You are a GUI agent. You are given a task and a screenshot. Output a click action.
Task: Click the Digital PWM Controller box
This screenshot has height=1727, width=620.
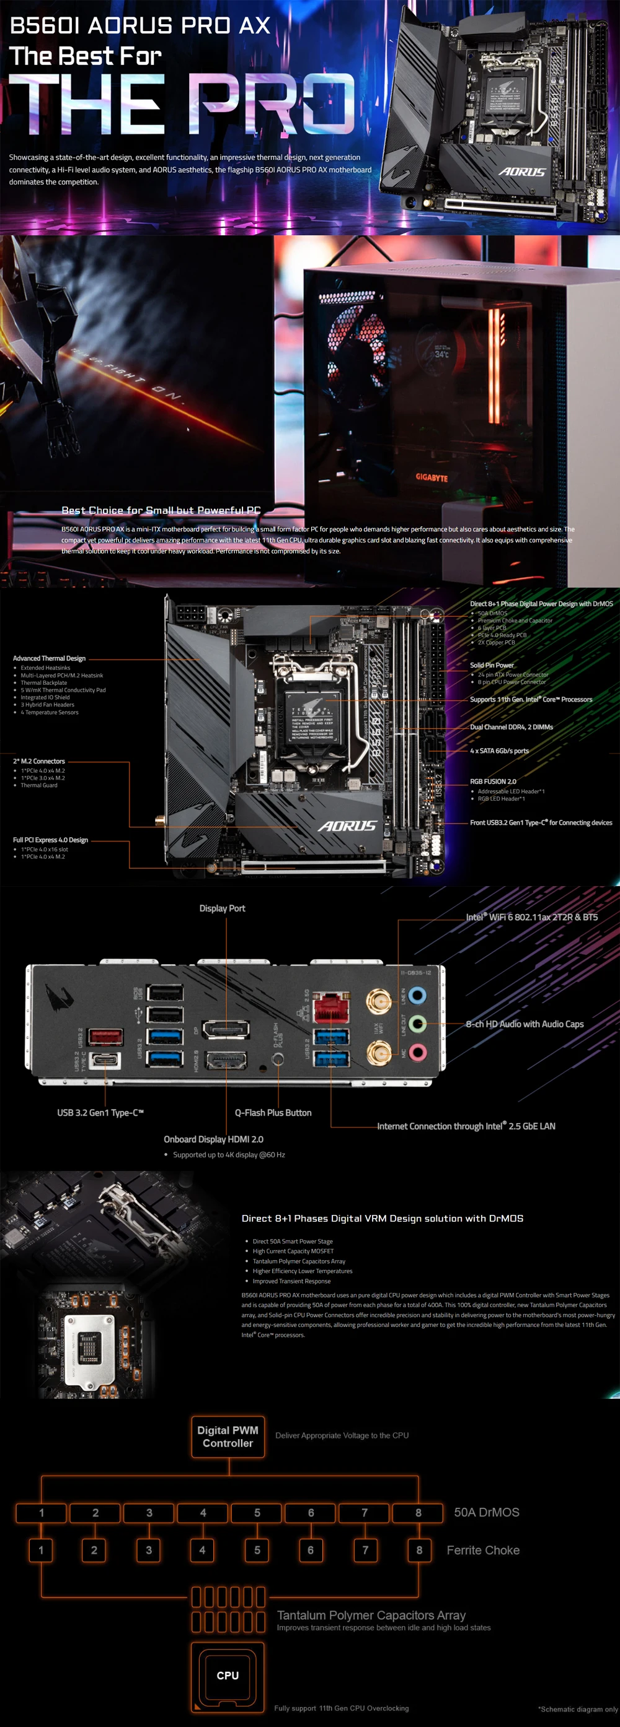pos(228,1436)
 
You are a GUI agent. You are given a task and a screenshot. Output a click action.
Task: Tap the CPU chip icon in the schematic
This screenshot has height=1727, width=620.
pos(228,1675)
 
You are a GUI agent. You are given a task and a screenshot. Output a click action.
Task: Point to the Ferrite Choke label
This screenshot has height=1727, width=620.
pos(483,1550)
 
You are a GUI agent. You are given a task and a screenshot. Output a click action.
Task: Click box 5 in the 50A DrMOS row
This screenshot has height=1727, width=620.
pos(257,1513)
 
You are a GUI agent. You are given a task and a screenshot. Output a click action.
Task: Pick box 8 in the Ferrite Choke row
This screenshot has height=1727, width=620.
pos(419,1550)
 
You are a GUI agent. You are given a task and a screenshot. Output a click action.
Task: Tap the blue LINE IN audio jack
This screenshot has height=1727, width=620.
pos(417,996)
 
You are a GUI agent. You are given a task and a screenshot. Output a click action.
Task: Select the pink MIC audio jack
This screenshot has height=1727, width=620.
pos(417,1052)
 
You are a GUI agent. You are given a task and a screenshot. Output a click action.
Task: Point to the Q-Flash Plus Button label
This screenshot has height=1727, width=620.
pos(273,1113)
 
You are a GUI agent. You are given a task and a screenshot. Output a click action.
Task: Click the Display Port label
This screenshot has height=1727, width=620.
pos(222,908)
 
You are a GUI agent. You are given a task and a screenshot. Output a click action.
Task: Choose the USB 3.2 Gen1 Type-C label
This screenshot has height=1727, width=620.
pos(100,1113)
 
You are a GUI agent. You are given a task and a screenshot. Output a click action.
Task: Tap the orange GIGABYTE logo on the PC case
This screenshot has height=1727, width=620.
pos(432,477)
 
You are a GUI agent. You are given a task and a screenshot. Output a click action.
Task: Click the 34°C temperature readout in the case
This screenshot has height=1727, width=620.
pos(441,354)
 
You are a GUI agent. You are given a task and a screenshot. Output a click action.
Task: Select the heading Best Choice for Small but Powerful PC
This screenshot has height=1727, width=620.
pos(161,510)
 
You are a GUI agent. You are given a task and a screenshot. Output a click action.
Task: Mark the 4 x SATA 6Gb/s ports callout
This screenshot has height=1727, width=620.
pos(499,751)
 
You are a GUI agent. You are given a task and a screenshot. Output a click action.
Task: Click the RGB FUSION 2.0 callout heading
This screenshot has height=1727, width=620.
pos(493,781)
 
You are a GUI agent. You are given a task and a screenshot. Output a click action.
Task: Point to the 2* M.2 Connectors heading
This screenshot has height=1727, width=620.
pos(39,761)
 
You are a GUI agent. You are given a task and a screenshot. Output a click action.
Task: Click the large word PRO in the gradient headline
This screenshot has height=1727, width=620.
pos(271,104)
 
